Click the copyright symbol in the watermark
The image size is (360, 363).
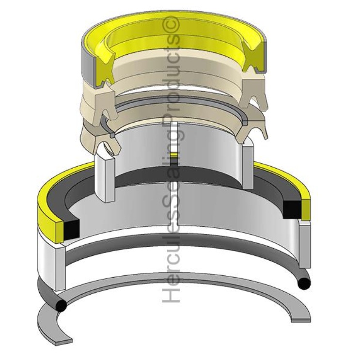point(173,25)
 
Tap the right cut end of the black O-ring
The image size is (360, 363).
point(304,283)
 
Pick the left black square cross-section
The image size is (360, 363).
point(71,229)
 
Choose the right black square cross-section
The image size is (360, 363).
point(292,209)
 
